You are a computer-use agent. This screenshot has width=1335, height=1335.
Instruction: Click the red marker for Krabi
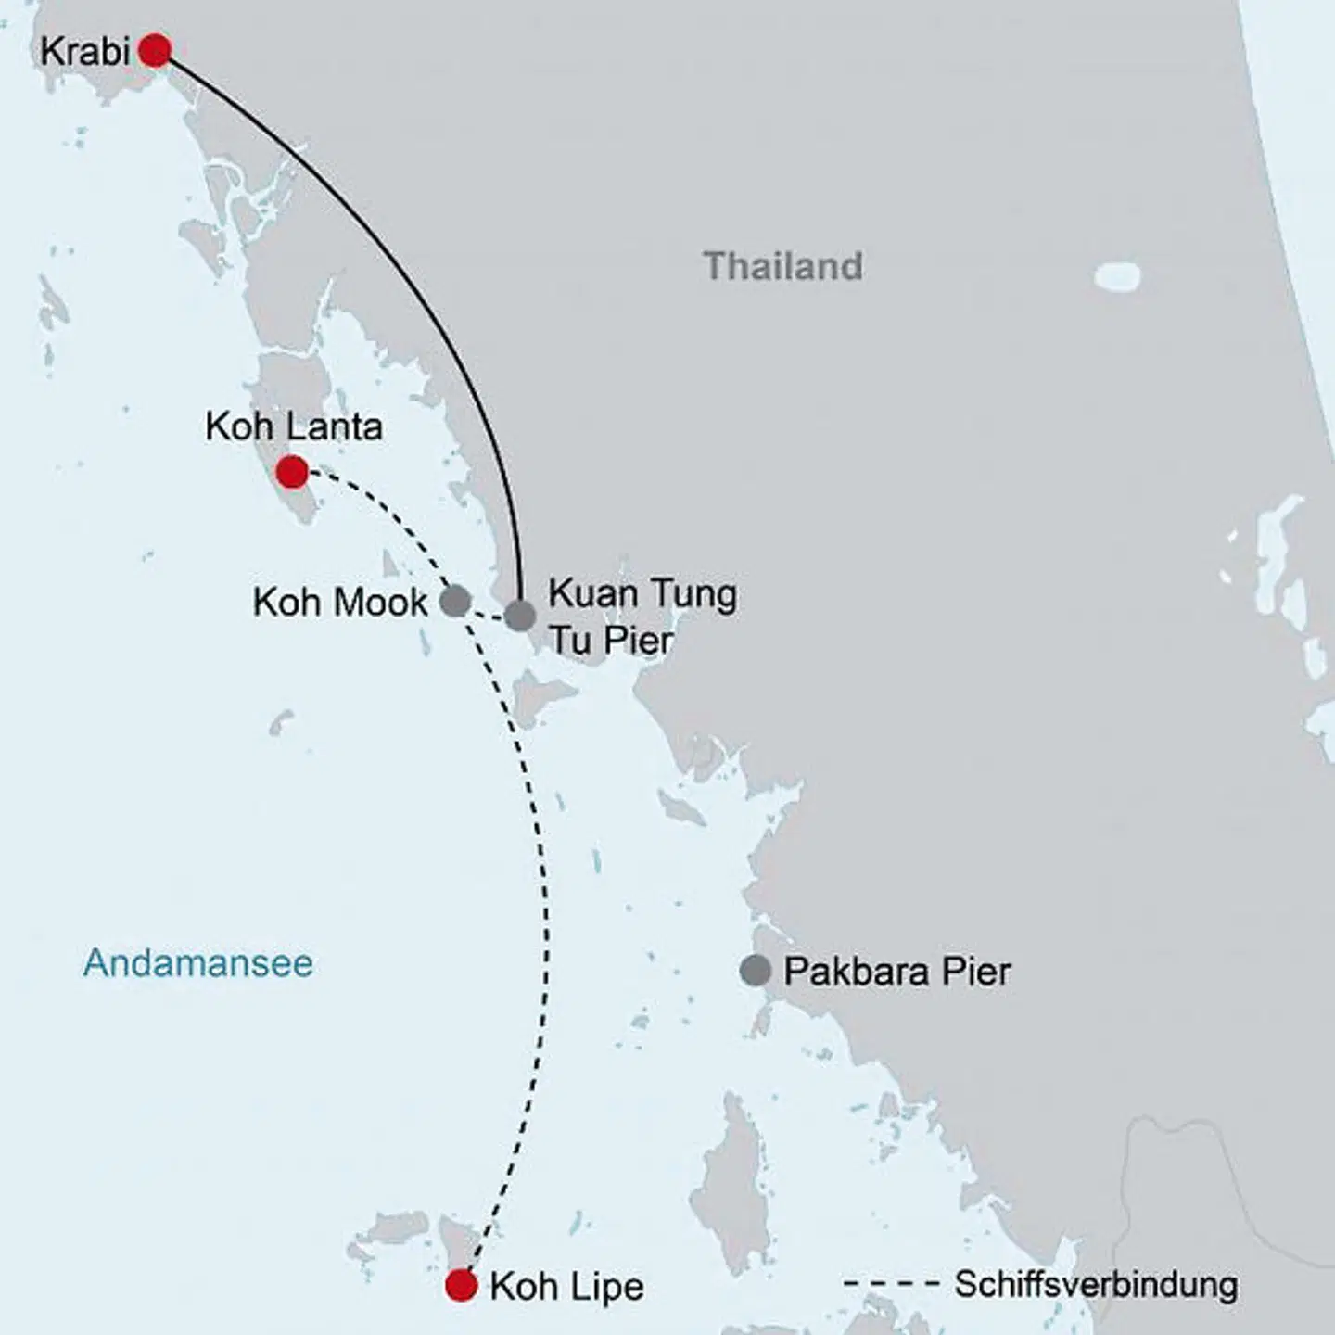pyautogui.click(x=155, y=50)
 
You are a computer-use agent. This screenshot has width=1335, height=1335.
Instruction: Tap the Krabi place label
pyautogui.click(x=84, y=52)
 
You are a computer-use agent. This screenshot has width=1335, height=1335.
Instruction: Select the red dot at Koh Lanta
pyautogui.click(x=292, y=472)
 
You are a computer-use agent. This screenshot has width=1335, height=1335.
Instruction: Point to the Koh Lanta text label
pyautogui.click(x=294, y=426)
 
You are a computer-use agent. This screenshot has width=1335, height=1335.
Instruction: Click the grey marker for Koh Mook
pyautogui.click(x=454, y=601)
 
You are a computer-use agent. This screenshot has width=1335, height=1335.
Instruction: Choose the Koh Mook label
pyautogui.click(x=340, y=603)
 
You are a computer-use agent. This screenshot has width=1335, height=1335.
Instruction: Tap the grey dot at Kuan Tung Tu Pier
pyautogui.click(x=520, y=616)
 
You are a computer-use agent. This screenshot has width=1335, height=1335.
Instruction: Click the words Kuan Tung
pyautogui.click(x=642, y=593)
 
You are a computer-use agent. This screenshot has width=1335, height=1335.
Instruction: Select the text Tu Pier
pyautogui.click(x=611, y=640)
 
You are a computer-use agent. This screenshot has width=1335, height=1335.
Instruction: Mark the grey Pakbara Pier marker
pyautogui.click(x=756, y=971)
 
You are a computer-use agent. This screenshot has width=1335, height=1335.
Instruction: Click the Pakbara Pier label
pyautogui.click(x=896, y=972)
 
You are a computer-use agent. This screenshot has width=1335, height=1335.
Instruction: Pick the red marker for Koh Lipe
pyautogui.click(x=461, y=1286)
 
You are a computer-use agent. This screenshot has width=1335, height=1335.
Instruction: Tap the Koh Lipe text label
pyautogui.click(x=566, y=1287)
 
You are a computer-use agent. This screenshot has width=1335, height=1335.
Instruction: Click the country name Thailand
pyautogui.click(x=783, y=266)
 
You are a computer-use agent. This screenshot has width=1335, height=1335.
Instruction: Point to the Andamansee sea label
pyautogui.click(x=198, y=962)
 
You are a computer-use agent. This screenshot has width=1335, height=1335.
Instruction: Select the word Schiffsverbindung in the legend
pyautogui.click(x=1096, y=1285)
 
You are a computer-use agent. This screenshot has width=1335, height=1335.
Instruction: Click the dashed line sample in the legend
pyautogui.click(x=892, y=1285)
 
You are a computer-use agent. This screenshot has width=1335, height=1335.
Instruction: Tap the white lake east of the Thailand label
pyautogui.click(x=1117, y=275)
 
